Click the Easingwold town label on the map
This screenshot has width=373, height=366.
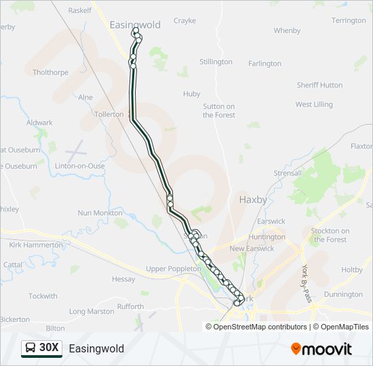(135, 25)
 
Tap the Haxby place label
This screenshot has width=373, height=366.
(253, 200)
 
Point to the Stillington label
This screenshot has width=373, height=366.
(216, 62)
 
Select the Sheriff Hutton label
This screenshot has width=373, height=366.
(319, 85)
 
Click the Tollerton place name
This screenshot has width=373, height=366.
(109, 115)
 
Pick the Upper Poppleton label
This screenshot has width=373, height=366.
(174, 268)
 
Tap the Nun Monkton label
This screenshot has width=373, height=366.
(100, 213)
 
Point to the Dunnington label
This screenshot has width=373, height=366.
(343, 294)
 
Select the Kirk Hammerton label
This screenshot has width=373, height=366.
(36, 245)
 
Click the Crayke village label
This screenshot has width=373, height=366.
(184, 21)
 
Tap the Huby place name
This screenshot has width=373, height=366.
(192, 94)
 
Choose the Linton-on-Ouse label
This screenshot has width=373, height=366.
(80, 166)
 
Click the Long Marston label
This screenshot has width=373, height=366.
(92, 312)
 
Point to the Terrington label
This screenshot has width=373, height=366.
(349, 20)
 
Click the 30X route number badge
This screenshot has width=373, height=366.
(50, 348)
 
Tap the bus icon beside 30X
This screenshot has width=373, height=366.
(31, 348)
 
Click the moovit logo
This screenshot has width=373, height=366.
(321, 349)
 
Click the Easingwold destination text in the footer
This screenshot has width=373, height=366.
(96, 349)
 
